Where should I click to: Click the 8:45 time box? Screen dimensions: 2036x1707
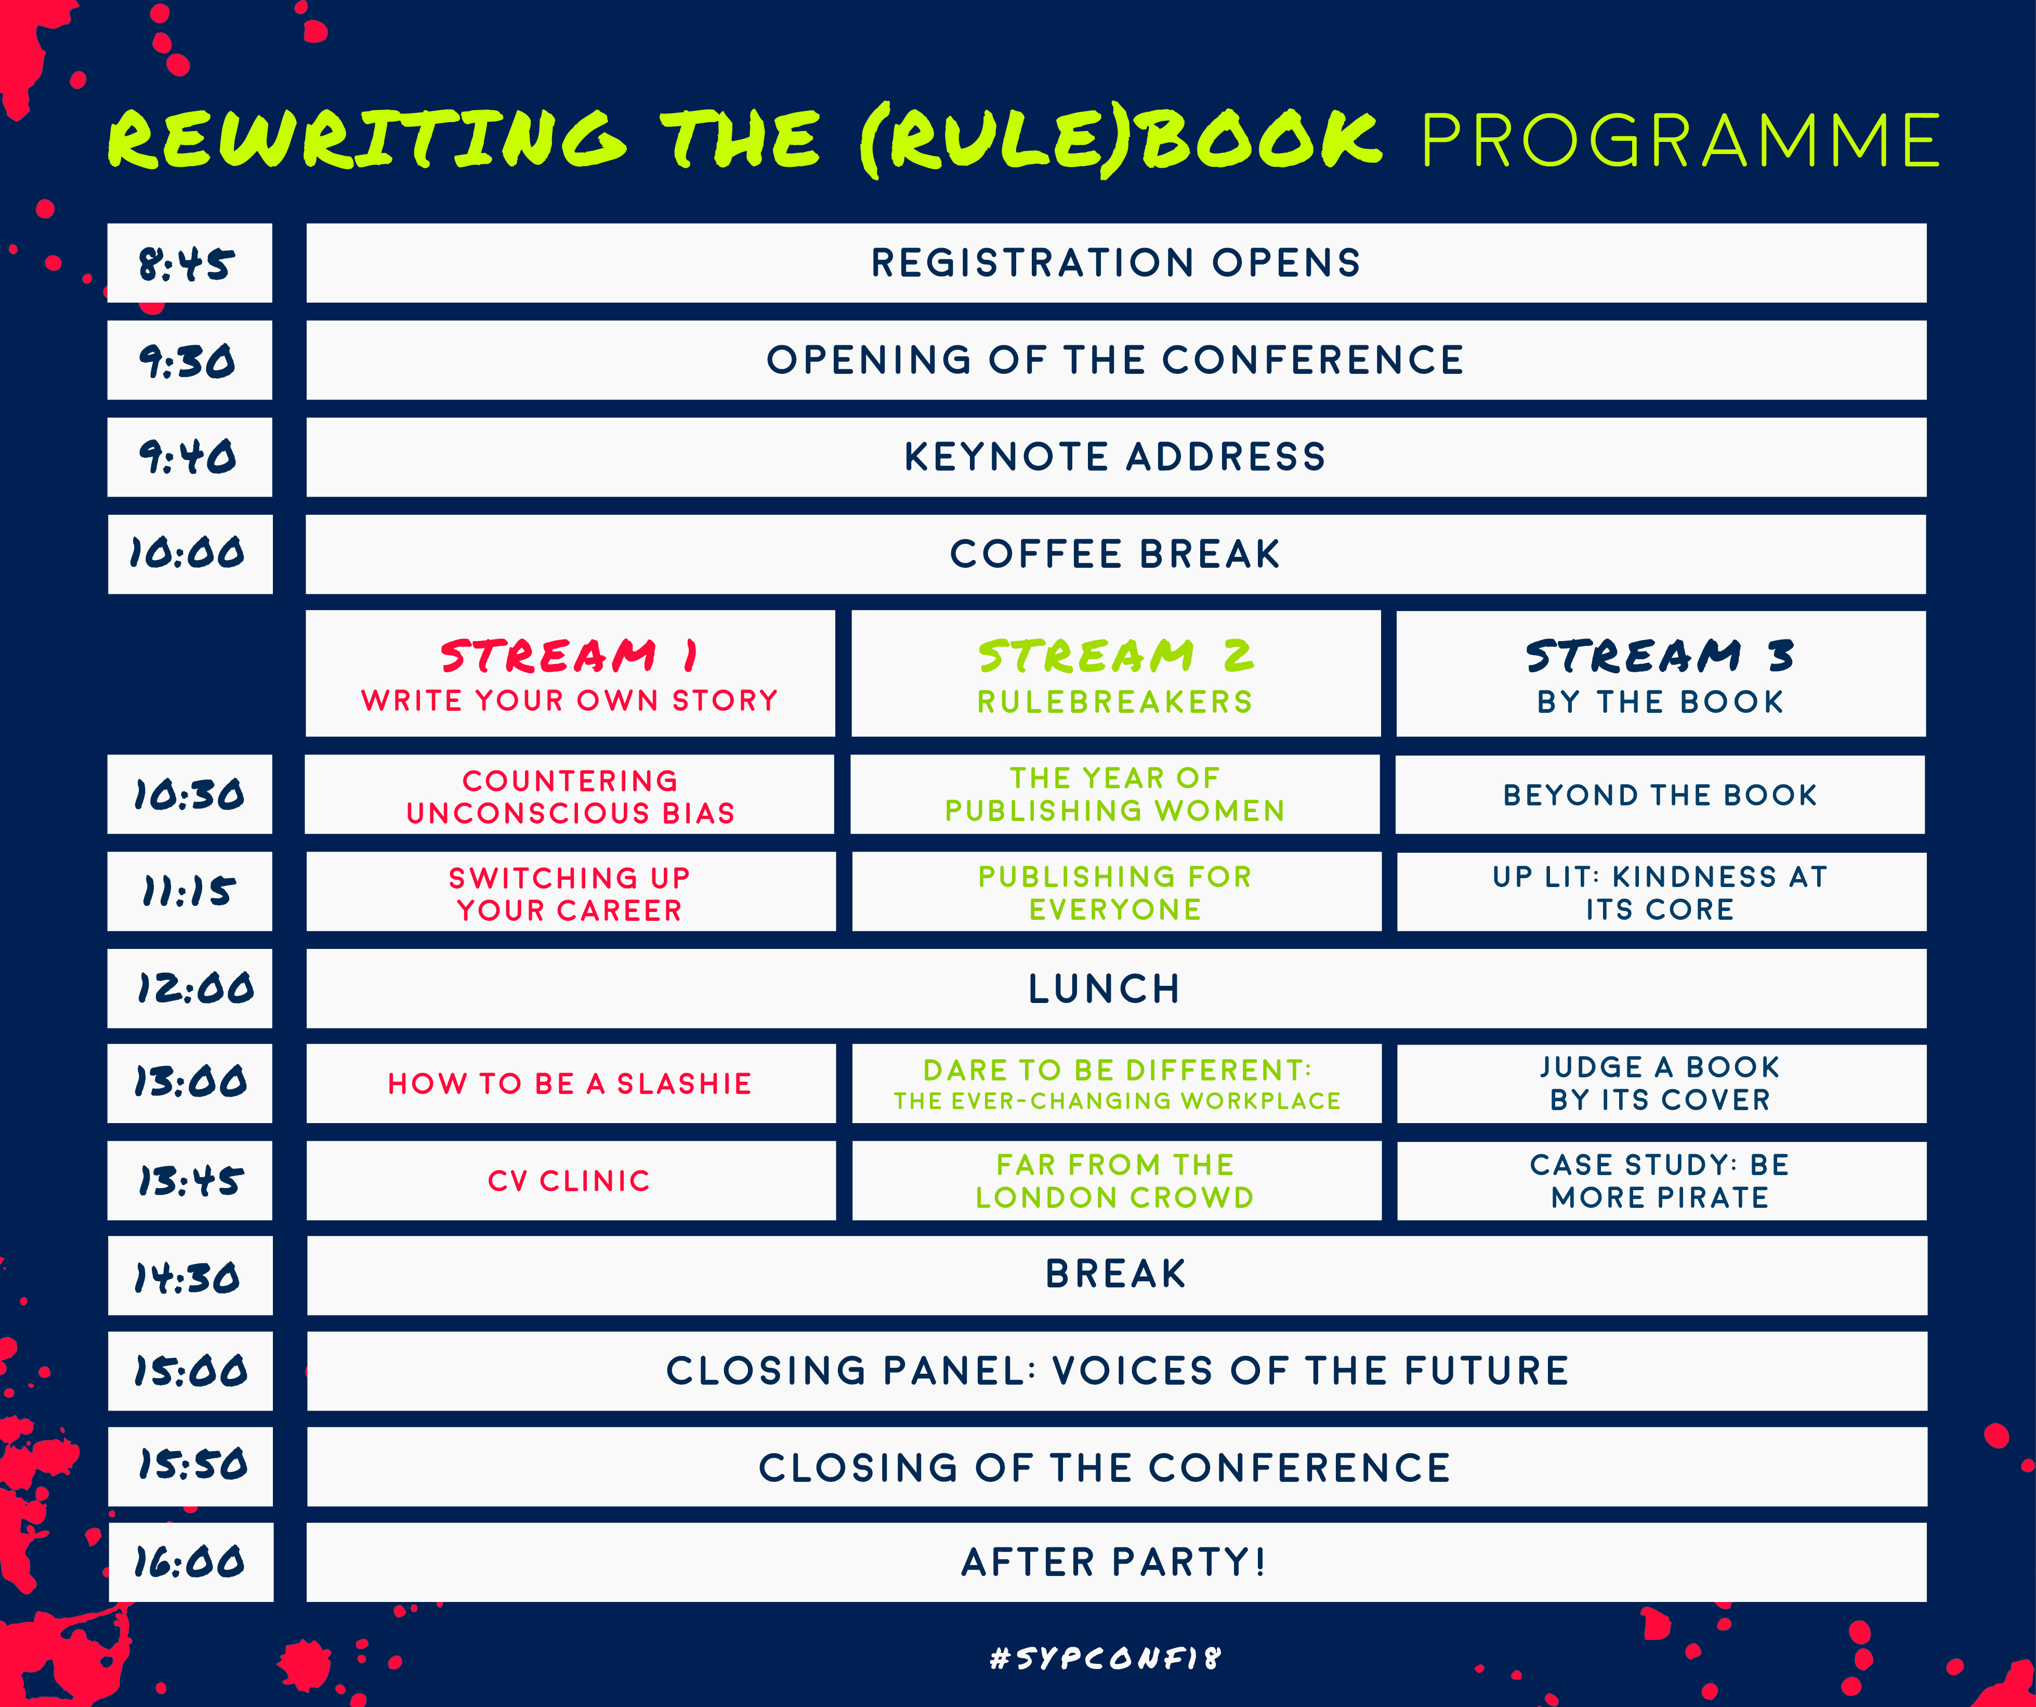tap(190, 263)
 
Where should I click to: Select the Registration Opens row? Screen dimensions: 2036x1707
tap(1116, 263)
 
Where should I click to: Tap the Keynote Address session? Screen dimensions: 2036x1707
tap(1116, 457)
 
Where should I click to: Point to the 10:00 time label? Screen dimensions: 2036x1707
tap(187, 554)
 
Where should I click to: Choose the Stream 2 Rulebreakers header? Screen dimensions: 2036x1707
tap(1116, 673)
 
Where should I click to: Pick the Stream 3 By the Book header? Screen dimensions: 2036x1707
tap(1661, 673)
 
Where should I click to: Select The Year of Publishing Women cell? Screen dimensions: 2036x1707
tap(1116, 794)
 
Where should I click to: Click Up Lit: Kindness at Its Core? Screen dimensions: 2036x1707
tap(1661, 892)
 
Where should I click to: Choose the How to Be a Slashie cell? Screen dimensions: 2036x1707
tap(570, 1084)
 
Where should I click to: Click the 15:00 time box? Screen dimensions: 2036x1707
tap(190, 1371)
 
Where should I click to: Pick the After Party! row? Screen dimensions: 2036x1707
tap(1116, 1561)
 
